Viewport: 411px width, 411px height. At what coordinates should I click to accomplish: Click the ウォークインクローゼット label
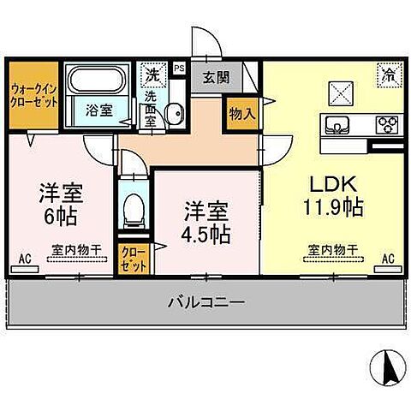34,94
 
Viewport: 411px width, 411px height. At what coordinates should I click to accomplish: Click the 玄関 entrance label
214,75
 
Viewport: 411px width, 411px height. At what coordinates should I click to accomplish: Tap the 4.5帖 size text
205,232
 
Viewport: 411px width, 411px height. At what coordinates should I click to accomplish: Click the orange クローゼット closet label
134,259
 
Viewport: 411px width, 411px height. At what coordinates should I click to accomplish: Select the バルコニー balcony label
205,302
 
